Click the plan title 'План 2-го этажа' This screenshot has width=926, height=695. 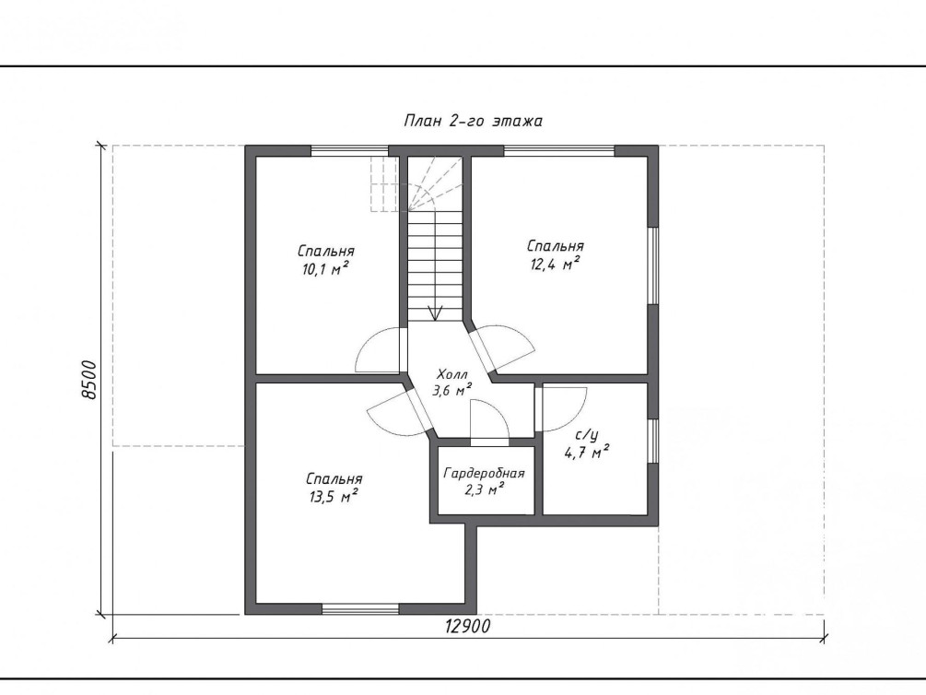(x=473, y=121)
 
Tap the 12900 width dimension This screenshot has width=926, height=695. (x=468, y=627)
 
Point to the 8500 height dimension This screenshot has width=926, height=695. (x=88, y=380)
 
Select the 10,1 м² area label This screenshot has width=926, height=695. (x=325, y=269)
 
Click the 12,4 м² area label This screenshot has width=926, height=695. (x=555, y=264)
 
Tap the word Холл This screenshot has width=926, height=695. (x=452, y=374)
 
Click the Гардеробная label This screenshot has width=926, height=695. (x=485, y=474)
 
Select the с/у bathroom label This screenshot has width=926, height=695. (x=586, y=436)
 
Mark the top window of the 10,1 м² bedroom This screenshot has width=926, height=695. (x=349, y=150)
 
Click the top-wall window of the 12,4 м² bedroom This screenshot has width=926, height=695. (x=559, y=150)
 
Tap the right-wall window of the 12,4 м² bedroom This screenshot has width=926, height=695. (x=653, y=265)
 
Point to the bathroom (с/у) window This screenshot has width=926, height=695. (x=653, y=441)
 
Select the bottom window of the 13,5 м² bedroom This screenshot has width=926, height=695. (x=360, y=608)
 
